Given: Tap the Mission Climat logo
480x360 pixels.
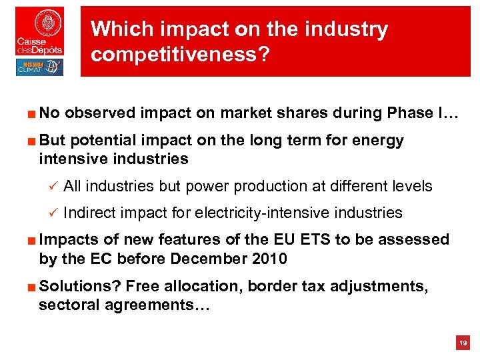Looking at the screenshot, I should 39,67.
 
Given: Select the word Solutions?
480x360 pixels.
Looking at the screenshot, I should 79,287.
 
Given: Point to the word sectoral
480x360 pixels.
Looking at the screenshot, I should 69,305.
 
